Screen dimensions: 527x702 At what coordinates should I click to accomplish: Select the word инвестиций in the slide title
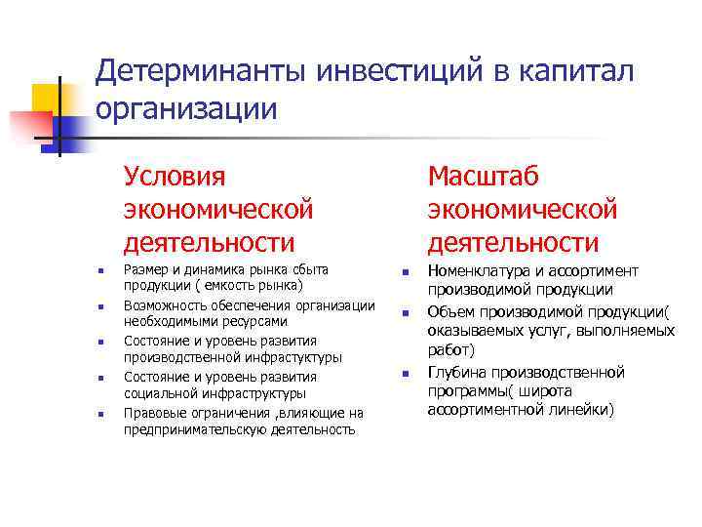tap(393, 70)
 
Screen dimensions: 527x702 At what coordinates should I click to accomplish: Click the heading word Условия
tap(175, 177)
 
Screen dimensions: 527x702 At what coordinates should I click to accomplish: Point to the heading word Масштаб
tap(484, 177)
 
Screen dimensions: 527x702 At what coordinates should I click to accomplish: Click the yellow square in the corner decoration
tap(49, 101)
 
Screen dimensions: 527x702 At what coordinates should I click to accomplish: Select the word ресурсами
tap(254, 321)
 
